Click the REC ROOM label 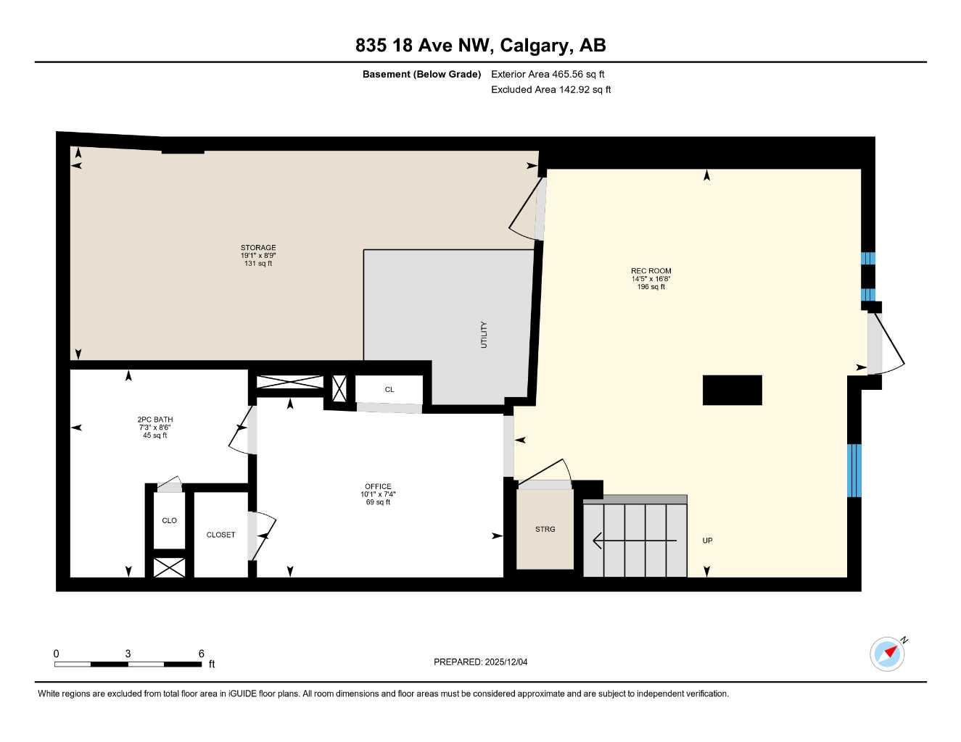pos(651,271)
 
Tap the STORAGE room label pos(258,248)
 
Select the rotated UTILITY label pos(484,335)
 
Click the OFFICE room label pos(378,486)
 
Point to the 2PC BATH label pos(155,420)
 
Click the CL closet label pos(389,390)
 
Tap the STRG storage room pos(545,530)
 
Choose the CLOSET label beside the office pos(220,535)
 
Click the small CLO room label pos(169,520)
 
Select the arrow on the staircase pos(635,540)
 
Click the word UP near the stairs pos(707,541)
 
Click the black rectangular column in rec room pos(732,390)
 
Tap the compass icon pos(888,654)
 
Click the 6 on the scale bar pos(201,653)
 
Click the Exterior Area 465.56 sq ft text pos(548,74)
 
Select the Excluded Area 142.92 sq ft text pos(550,90)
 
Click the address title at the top pos(480,46)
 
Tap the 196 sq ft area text pos(651,287)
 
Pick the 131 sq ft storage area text pos(258,264)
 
